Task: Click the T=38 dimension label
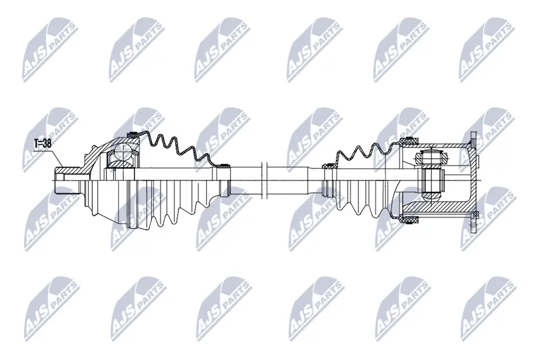[x=42, y=143]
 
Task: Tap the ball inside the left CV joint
[x=123, y=150]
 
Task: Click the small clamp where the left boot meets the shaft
[x=224, y=165]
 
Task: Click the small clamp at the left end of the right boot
[x=326, y=166]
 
